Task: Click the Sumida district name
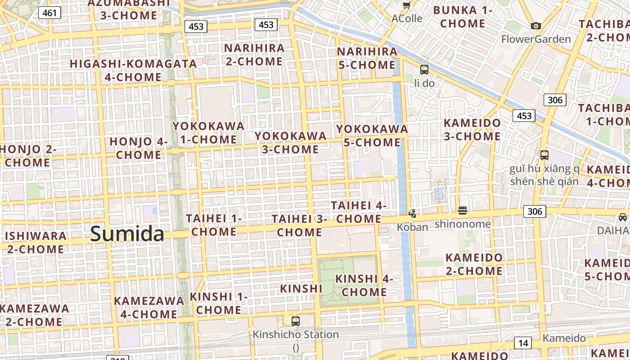point(127,234)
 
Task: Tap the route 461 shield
point(49,13)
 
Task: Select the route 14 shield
point(522,343)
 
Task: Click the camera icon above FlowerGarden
point(535,26)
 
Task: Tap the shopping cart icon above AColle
point(407,5)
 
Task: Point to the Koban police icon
point(412,213)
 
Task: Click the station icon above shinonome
point(463,211)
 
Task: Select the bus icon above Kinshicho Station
point(296,321)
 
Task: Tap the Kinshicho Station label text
point(296,335)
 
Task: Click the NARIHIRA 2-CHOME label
point(254,54)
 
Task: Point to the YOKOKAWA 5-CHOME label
point(372,135)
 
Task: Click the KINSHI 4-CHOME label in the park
point(364,285)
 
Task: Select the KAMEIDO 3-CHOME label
point(472,130)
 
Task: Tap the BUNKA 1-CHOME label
point(463,17)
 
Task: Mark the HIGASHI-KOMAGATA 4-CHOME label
point(133,70)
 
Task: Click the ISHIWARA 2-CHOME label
point(36,242)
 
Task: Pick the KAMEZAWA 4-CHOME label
point(149,307)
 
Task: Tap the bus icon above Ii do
point(424,70)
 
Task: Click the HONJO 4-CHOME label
point(139,148)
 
